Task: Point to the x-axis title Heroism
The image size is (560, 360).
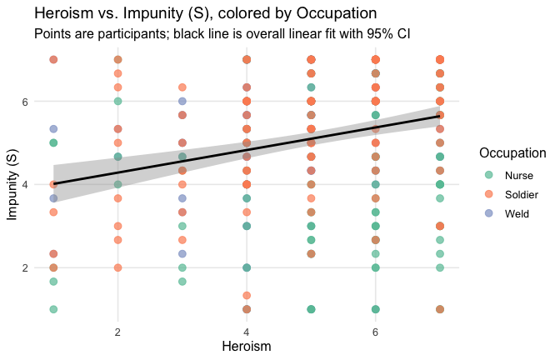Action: pos(247,343)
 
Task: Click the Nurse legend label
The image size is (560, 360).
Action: pos(519,175)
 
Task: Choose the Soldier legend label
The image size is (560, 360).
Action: pos(522,194)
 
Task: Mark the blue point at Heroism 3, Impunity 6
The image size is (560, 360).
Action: pos(182,102)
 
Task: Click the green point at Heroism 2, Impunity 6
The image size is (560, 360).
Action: pos(118,102)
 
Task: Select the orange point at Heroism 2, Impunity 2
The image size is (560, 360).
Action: pos(118,267)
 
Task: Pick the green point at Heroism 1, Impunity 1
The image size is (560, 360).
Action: pos(53,309)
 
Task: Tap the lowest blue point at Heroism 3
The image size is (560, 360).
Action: pos(182,253)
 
